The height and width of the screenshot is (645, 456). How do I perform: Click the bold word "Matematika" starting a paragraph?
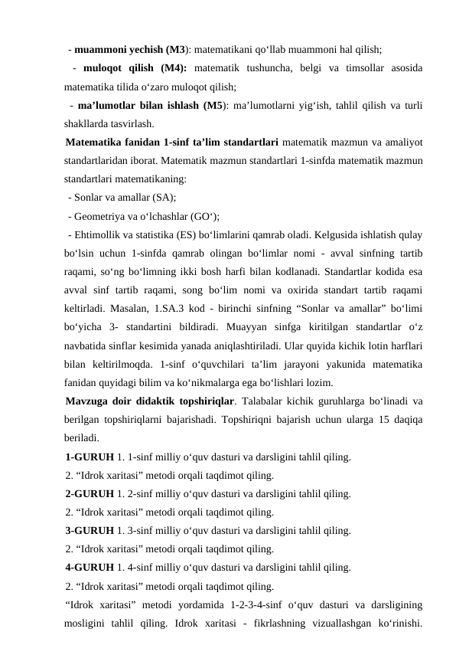[x=98, y=142]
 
